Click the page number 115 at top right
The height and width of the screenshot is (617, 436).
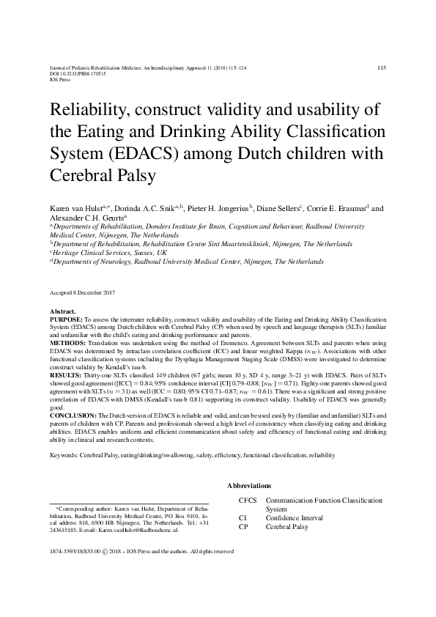click(x=381, y=67)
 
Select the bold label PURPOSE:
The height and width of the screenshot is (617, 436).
click(x=67, y=321)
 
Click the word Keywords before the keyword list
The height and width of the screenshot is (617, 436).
click(x=64, y=455)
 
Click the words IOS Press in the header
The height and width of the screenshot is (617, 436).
click(x=61, y=80)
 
